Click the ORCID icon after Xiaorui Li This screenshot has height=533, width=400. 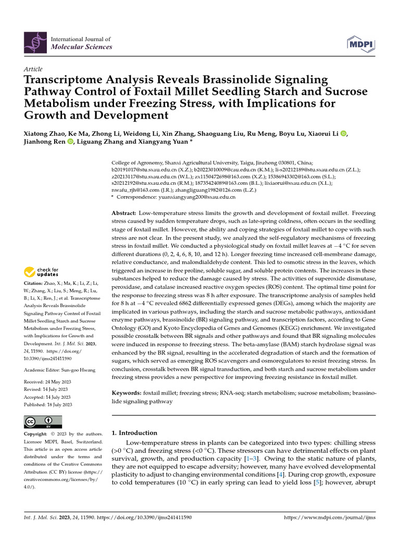(343, 133)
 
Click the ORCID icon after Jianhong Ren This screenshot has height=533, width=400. (70, 142)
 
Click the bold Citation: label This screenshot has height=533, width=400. (34, 283)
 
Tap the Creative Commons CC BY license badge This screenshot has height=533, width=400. (43, 422)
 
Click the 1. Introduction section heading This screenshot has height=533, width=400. (134, 433)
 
